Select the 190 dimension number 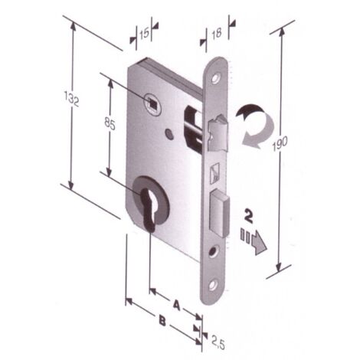280,143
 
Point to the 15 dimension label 144,33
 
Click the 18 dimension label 217,34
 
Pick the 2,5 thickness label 218,344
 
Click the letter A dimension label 176,305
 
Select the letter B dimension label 162,321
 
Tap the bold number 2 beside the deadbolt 249,216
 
